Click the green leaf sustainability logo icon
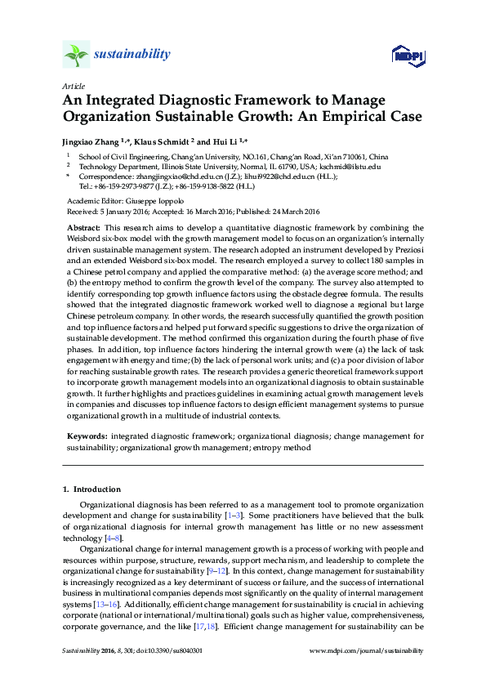click(x=75, y=55)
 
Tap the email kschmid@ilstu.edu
click(x=353, y=166)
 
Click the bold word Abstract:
click(x=83, y=226)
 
